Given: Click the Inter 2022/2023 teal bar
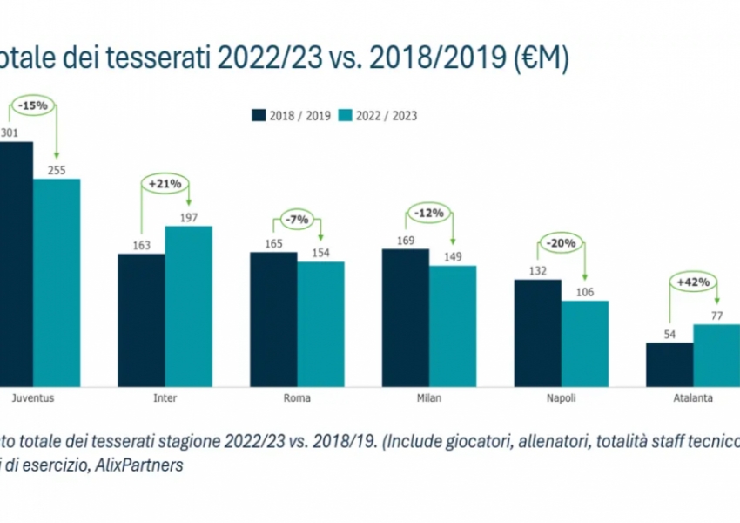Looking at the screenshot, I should click(x=188, y=306).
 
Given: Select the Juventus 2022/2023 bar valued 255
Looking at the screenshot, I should click(x=57, y=282).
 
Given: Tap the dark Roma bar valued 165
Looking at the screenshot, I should click(x=273, y=319).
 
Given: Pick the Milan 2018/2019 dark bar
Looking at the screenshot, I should click(x=405, y=317).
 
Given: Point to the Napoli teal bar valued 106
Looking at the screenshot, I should click(x=584, y=343).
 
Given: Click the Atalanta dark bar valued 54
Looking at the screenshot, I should click(x=669, y=364).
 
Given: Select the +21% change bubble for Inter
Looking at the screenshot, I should click(x=165, y=184).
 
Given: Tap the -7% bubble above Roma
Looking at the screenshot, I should click(x=297, y=220).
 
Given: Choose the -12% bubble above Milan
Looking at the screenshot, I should click(x=429, y=212).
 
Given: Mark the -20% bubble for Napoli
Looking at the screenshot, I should click(x=562, y=243).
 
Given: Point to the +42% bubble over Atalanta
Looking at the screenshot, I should click(x=693, y=282).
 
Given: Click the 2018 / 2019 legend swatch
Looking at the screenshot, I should click(x=259, y=115).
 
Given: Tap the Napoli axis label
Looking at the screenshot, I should click(x=562, y=397).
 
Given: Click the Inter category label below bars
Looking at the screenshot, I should click(x=165, y=397).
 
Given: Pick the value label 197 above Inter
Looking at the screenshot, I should click(x=188, y=215).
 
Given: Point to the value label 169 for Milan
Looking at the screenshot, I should click(x=405, y=238).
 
